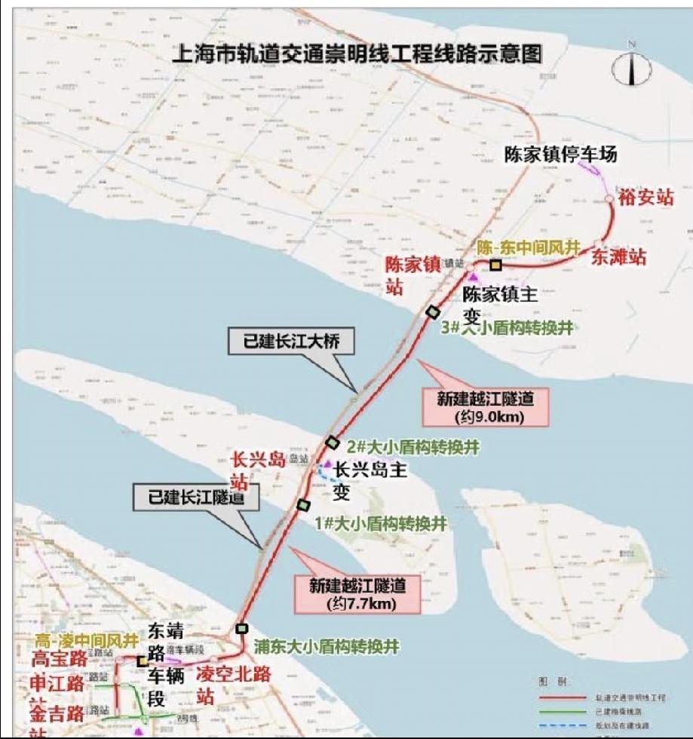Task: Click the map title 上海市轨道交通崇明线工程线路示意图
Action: [358, 54]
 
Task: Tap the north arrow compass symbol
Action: [631, 69]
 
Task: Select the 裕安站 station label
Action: [645, 198]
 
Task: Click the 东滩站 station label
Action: [618, 256]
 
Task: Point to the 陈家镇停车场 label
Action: [561, 155]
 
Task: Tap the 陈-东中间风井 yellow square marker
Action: [495, 265]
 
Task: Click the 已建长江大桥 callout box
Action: [291, 342]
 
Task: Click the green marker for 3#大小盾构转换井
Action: [433, 311]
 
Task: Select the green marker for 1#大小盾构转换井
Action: [304, 504]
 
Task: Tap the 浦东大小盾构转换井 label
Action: [326, 646]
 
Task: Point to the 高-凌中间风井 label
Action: [87, 641]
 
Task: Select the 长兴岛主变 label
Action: [369, 480]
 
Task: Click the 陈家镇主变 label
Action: [500, 304]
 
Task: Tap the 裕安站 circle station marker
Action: [609, 198]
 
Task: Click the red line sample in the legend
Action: [563, 698]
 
